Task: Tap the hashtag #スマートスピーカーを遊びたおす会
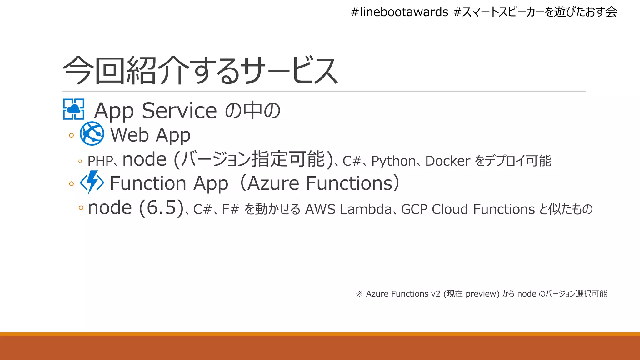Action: (535, 12)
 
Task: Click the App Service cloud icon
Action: (74, 109)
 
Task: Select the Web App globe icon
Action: (92, 133)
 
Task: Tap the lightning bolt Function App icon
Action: (92, 182)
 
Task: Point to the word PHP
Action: (100, 161)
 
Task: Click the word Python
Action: (393, 161)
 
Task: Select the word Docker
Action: (447, 161)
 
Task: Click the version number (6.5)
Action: (161, 207)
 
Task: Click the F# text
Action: (230, 209)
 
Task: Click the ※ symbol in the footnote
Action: (359, 294)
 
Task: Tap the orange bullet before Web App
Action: (72, 135)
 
